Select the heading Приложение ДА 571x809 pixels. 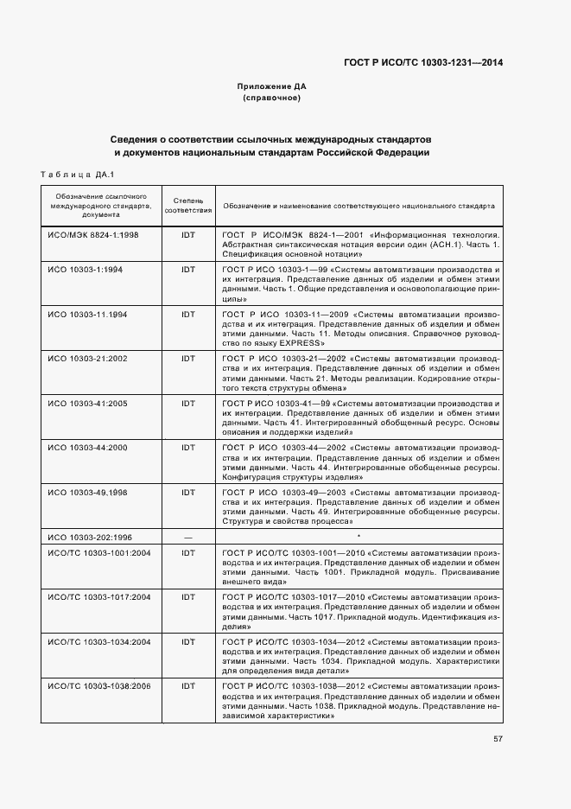(271, 86)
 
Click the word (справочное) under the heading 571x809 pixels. (271, 98)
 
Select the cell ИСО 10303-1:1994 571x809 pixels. (85, 270)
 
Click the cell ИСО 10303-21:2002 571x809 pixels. (87, 357)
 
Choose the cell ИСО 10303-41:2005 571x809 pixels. (87, 403)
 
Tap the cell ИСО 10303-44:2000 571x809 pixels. (87, 447)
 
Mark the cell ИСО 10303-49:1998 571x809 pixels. (87, 492)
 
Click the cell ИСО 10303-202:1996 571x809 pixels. (90, 536)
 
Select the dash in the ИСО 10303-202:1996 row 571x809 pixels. (187, 536)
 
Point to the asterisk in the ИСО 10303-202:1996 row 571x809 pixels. (358, 536)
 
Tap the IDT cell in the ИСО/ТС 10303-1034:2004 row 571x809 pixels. (187, 640)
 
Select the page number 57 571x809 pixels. (498, 738)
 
